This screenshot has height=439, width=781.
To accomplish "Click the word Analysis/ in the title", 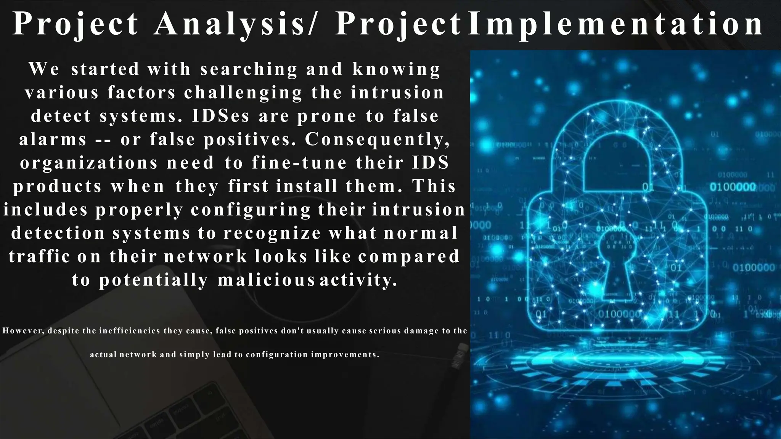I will point(235,24).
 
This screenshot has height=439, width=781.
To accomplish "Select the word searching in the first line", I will point(249,69).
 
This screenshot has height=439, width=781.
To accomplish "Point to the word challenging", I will point(243,93).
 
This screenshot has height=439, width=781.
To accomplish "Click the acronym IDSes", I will point(220,116).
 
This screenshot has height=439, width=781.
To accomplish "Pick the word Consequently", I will point(377,139).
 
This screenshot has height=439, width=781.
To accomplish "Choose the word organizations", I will point(89,163).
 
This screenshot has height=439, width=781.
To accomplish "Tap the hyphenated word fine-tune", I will point(299,163).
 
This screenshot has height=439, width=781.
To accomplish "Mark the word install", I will point(307,186).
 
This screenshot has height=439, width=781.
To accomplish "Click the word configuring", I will point(251,210).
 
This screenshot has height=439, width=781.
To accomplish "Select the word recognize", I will point(272,233).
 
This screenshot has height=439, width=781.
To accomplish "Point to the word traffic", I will point(39,256).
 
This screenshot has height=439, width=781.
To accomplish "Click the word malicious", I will point(266,280).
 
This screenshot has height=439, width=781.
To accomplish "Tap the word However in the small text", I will point(23,331).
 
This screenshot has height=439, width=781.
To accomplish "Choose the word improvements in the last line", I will point(345,355).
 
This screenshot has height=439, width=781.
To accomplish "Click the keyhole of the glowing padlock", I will point(617,263).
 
